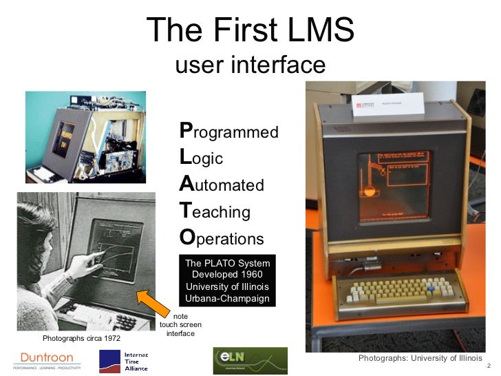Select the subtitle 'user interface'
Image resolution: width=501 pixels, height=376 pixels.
(x=250, y=65)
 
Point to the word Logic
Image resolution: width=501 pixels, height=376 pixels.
(x=201, y=158)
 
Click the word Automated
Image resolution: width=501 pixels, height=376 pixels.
(x=222, y=185)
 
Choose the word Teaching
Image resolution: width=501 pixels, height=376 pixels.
(x=215, y=211)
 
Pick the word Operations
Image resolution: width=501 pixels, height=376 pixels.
(x=222, y=238)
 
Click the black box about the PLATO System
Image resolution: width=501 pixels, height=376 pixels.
(x=228, y=281)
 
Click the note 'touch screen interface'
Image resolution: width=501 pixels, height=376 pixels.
(x=180, y=324)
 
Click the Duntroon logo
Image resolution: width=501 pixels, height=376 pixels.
(x=47, y=359)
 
